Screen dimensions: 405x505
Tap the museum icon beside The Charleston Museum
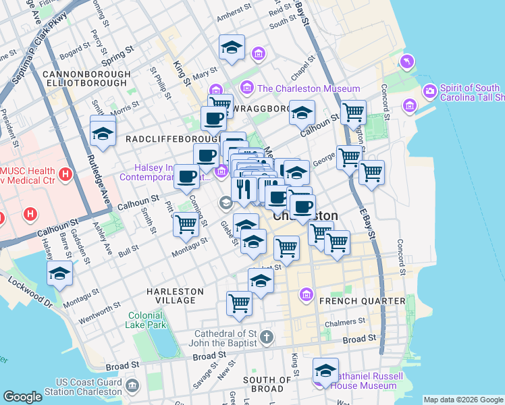click(x=247, y=88)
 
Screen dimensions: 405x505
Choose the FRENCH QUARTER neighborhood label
click(x=363, y=300)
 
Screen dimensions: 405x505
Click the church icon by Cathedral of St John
click(x=267, y=336)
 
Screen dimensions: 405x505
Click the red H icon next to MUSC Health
click(x=65, y=175)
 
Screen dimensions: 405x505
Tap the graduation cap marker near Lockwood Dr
click(x=59, y=274)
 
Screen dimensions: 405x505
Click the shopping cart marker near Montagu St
click(x=186, y=224)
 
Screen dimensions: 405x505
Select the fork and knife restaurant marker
click(x=243, y=188)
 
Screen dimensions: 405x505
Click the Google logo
click(x=22, y=397)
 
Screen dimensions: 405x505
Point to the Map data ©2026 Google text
click(x=462, y=400)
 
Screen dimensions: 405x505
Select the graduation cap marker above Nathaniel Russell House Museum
click(x=325, y=371)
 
